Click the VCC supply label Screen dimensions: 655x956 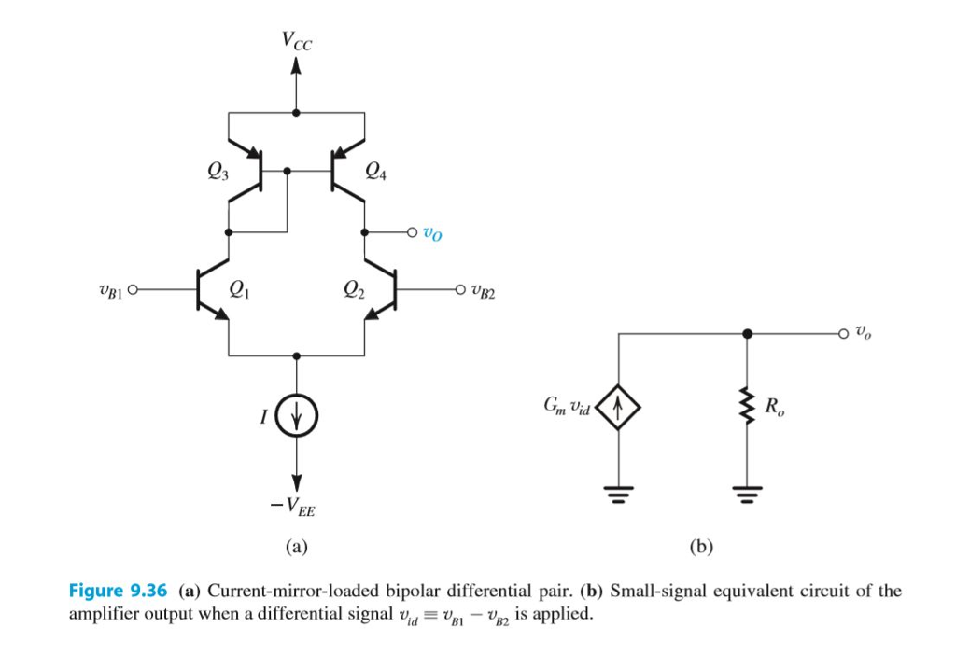[298, 41]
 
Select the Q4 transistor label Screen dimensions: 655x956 [374, 171]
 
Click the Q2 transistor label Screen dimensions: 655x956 [354, 288]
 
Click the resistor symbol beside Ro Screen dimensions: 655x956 [746, 408]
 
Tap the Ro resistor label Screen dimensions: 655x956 [773, 407]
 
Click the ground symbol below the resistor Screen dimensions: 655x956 [746, 491]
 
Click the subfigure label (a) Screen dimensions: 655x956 [297, 546]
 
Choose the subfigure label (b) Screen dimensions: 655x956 [700, 546]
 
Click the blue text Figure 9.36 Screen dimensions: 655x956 [118, 591]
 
